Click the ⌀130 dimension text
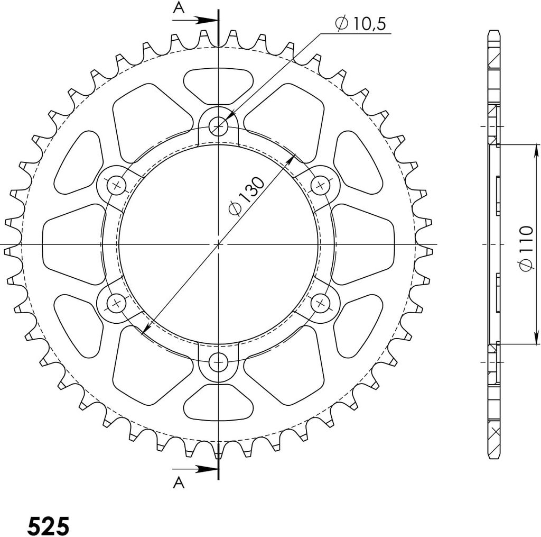pyautogui.click(x=246, y=196)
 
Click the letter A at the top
pyautogui.click(x=179, y=7)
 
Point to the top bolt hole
pyautogui.click(x=218, y=126)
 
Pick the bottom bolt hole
pyautogui.click(x=218, y=362)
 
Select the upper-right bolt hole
pyautogui.click(x=321, y=185)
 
